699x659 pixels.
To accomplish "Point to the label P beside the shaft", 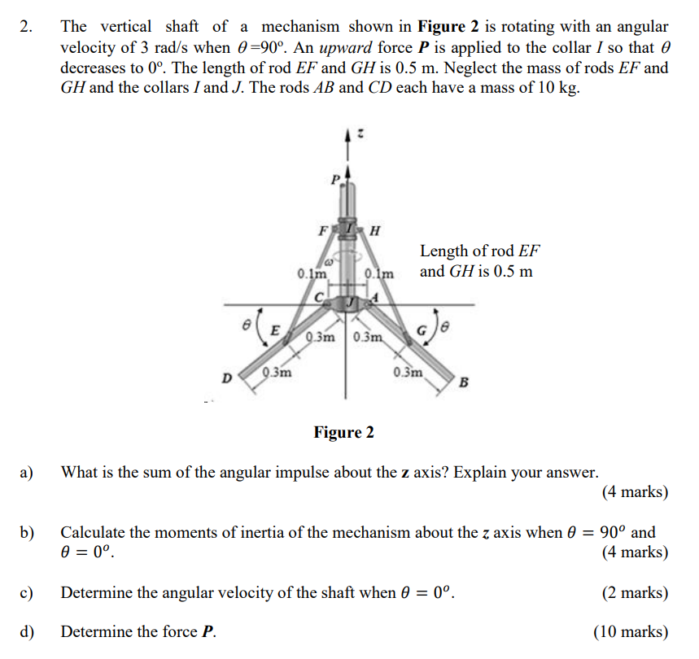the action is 334,179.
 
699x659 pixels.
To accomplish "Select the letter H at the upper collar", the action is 374,229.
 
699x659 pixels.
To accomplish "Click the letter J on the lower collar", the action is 349,302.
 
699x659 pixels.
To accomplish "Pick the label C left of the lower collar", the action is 320,298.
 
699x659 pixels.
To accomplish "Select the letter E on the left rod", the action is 275,330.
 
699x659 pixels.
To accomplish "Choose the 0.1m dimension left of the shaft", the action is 310,273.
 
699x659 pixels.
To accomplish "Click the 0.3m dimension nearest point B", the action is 408,373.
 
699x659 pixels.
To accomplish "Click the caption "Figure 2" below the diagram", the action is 343,432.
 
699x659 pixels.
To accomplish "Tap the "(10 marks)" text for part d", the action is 631,632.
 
